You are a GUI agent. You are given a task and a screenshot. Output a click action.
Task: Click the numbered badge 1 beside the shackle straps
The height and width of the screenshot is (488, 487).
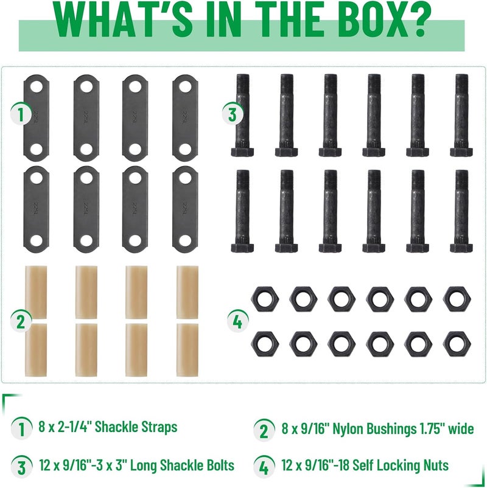point(21,114)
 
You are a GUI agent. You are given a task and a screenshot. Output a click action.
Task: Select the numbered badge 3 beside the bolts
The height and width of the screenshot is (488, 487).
point(233,114)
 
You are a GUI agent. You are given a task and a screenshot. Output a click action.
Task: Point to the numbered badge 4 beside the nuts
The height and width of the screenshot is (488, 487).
point(237,321)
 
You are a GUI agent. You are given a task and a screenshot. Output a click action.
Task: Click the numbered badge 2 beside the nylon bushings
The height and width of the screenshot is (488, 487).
point(21,321)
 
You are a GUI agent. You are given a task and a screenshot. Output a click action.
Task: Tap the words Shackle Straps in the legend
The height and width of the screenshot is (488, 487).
point(136,427)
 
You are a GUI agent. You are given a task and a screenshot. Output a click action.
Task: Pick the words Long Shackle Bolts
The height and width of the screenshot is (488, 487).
point(182,465)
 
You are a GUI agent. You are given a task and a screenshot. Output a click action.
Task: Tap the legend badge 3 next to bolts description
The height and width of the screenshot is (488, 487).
point(21,466)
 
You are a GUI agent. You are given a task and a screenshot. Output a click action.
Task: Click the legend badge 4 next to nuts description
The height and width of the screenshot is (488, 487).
point(264,466)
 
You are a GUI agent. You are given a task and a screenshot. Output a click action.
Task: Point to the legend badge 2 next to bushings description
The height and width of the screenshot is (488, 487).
point(264,430)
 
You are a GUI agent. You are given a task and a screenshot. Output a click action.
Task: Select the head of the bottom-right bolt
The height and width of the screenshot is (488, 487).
point(461,248)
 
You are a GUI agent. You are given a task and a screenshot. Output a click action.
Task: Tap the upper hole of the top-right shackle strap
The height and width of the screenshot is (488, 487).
point(185,87)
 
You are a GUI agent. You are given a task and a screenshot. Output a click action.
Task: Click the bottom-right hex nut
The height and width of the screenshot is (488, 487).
point(457,344)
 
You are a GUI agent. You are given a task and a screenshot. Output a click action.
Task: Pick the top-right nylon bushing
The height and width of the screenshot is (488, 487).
point(187,292)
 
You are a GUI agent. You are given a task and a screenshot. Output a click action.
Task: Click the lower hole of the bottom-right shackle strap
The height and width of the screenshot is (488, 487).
point(185,240)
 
